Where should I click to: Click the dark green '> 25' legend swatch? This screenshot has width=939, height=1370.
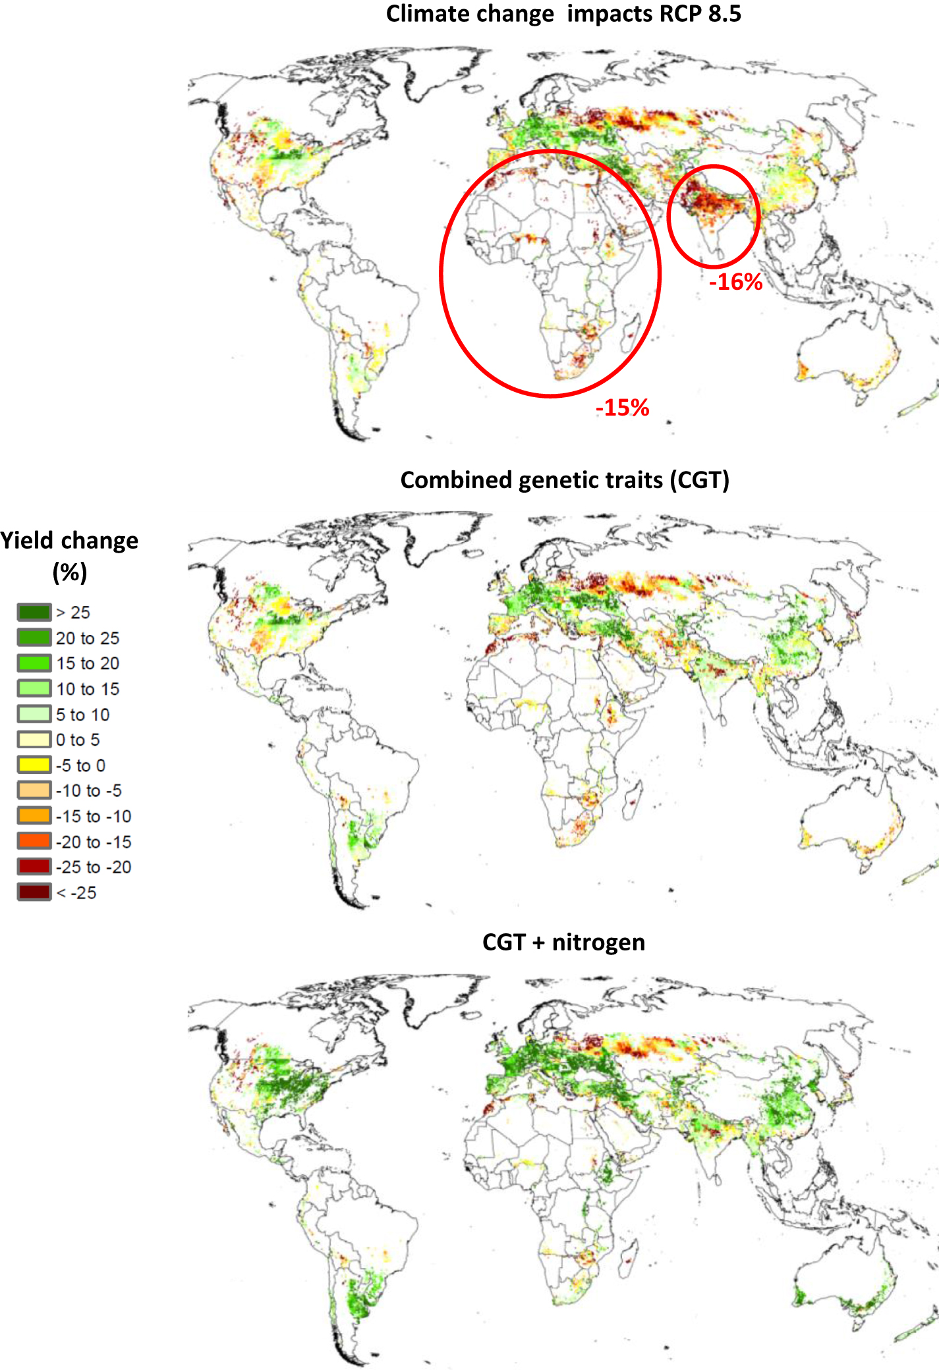34,612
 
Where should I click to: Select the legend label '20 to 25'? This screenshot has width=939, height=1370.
87,638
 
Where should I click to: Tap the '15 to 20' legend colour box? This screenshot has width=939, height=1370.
34,663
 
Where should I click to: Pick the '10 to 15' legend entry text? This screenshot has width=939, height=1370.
87,689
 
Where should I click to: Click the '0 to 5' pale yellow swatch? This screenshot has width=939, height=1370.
34,740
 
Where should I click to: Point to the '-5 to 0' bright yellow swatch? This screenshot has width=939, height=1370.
34,765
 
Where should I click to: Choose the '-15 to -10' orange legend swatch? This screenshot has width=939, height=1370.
34,815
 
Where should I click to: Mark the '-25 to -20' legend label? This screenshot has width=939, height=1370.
93,867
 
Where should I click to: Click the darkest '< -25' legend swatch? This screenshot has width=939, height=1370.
34,892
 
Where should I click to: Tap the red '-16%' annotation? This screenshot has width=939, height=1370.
735,282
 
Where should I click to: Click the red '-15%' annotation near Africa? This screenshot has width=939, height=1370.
622,408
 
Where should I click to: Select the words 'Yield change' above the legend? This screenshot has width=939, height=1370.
69,540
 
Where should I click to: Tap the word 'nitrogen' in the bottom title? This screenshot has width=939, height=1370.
598,942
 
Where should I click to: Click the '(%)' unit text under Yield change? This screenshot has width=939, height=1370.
69,572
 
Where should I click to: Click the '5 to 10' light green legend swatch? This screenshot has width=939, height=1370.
34,714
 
